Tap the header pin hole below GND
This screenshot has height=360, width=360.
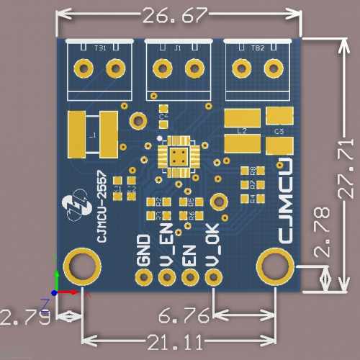click(144, 277)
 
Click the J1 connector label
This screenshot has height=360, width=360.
click(178, 48)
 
